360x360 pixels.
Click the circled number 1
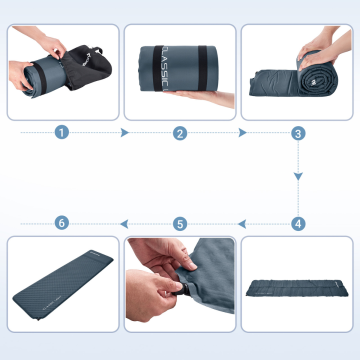61,132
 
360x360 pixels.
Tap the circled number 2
180,132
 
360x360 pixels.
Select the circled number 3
298,132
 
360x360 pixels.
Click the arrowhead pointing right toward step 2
125,132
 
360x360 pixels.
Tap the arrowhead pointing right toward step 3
243,132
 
